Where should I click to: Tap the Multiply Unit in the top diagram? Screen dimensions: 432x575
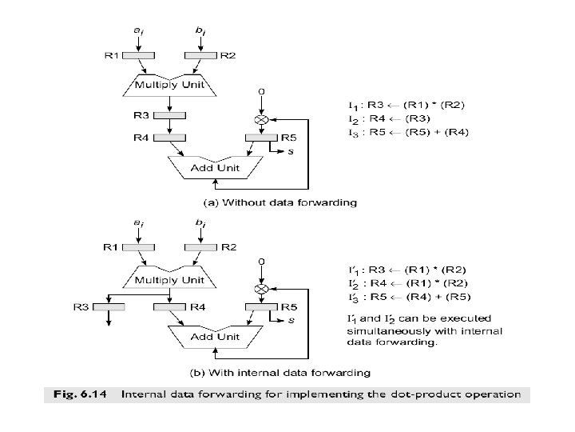coord(170,84)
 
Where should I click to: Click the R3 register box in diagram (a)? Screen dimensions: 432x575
coord(170,115)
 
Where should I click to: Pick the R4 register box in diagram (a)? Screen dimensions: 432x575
coord(170,138)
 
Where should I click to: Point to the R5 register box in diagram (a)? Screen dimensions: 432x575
coord(260,138)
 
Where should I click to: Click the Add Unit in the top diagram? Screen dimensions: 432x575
coord(214,168)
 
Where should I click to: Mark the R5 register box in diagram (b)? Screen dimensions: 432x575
coord(260,307)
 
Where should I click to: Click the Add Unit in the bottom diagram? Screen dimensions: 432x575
coord(214,337)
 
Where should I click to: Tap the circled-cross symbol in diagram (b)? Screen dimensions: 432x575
coord(260,288)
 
